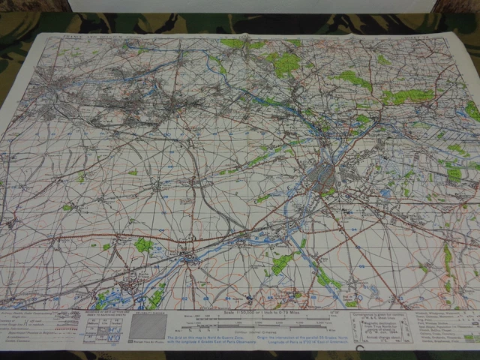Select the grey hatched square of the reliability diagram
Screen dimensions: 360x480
tap(154, 327)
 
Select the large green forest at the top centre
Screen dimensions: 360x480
tap(284, 63)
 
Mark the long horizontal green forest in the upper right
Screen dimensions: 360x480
tap(409, 96)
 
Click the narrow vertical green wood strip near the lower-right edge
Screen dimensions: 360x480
tap(448, 259)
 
